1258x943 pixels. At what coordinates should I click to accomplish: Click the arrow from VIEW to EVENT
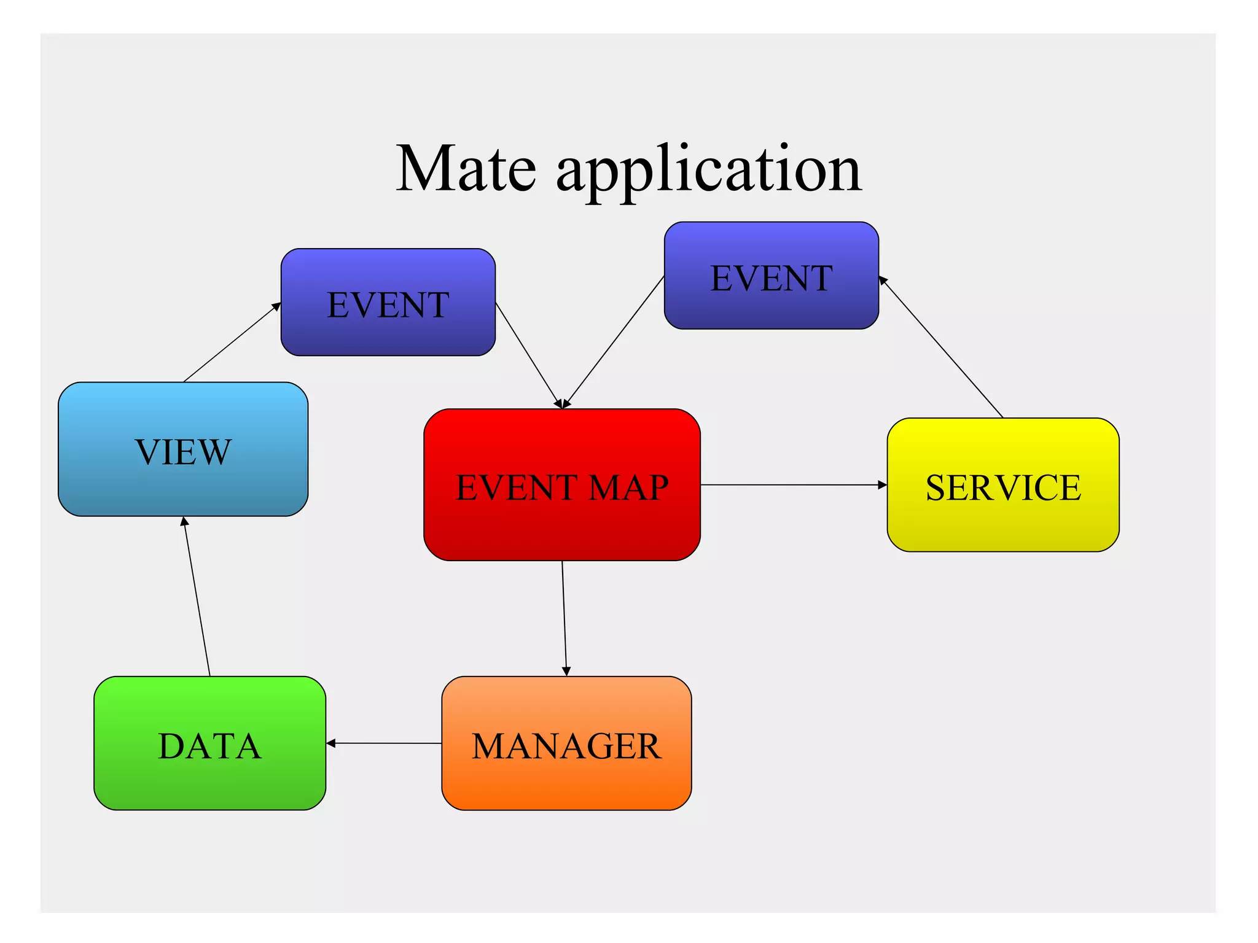point(232,342)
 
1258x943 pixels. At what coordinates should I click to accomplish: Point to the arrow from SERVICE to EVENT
point(941,347)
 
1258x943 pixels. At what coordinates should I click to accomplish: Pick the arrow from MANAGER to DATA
point(384,743)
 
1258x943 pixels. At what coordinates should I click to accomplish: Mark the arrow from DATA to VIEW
point(197,596)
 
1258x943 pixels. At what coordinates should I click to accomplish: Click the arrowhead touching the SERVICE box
point(883,485)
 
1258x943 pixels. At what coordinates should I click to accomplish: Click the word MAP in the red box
point(628,488)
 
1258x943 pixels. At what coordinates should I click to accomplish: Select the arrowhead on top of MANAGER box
point(566,672)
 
